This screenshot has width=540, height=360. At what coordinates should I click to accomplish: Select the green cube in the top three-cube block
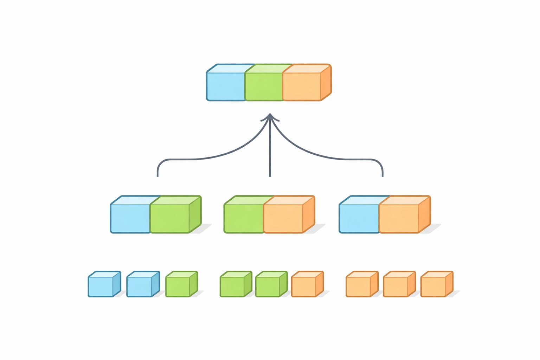pyautogui.click(x=264, y=86)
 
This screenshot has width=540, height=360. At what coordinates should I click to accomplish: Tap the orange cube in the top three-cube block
pyautogui.click(x=302, y=86)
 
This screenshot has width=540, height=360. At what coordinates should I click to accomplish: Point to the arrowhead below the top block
pyautogui.click(x=270, y=117)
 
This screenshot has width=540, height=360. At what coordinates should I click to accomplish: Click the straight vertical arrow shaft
pyautogui.click(x=270, y=151)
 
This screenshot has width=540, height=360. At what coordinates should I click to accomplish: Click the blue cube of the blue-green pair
pyautogui.click(x=130, y=218)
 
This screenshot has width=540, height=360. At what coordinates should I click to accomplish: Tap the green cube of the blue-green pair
pyautogui.click(x=170, y=218)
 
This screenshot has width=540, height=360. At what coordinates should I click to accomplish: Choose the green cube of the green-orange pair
pyautogui.click(x=244, y=218)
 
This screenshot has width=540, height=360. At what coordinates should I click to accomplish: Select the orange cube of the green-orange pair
pyautogui.click(x=283, y=218)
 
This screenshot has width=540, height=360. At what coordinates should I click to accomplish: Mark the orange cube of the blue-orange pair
pyautogui.click(x=399, y=218)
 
